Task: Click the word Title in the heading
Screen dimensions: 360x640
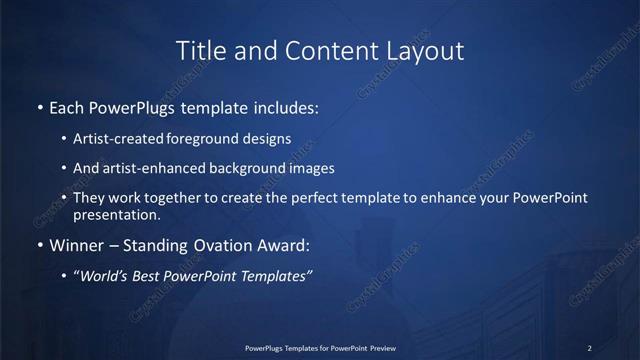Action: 200,49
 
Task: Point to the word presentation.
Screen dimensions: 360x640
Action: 115,214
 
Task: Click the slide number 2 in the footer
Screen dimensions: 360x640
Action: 589,348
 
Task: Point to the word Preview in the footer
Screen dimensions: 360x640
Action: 382,348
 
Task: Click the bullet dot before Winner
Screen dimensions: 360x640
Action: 40,244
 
